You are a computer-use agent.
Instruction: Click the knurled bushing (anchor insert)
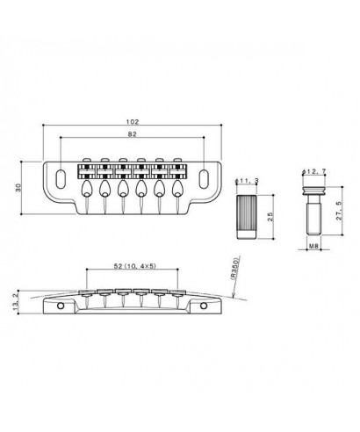tap(246, 215)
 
